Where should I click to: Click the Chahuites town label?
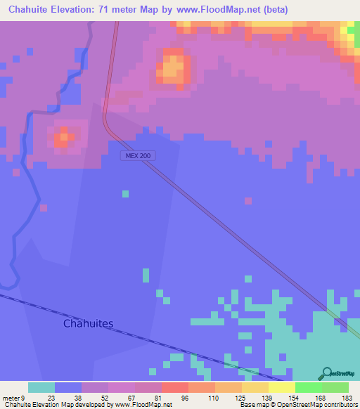click(x=88, y=324)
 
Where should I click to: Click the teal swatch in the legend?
click(x=41, y=387)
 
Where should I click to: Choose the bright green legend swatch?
click(x=309, y=387)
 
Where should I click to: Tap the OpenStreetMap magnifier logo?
click(x=326, y=373)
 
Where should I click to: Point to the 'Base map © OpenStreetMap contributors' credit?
click(x=299, y=405)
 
